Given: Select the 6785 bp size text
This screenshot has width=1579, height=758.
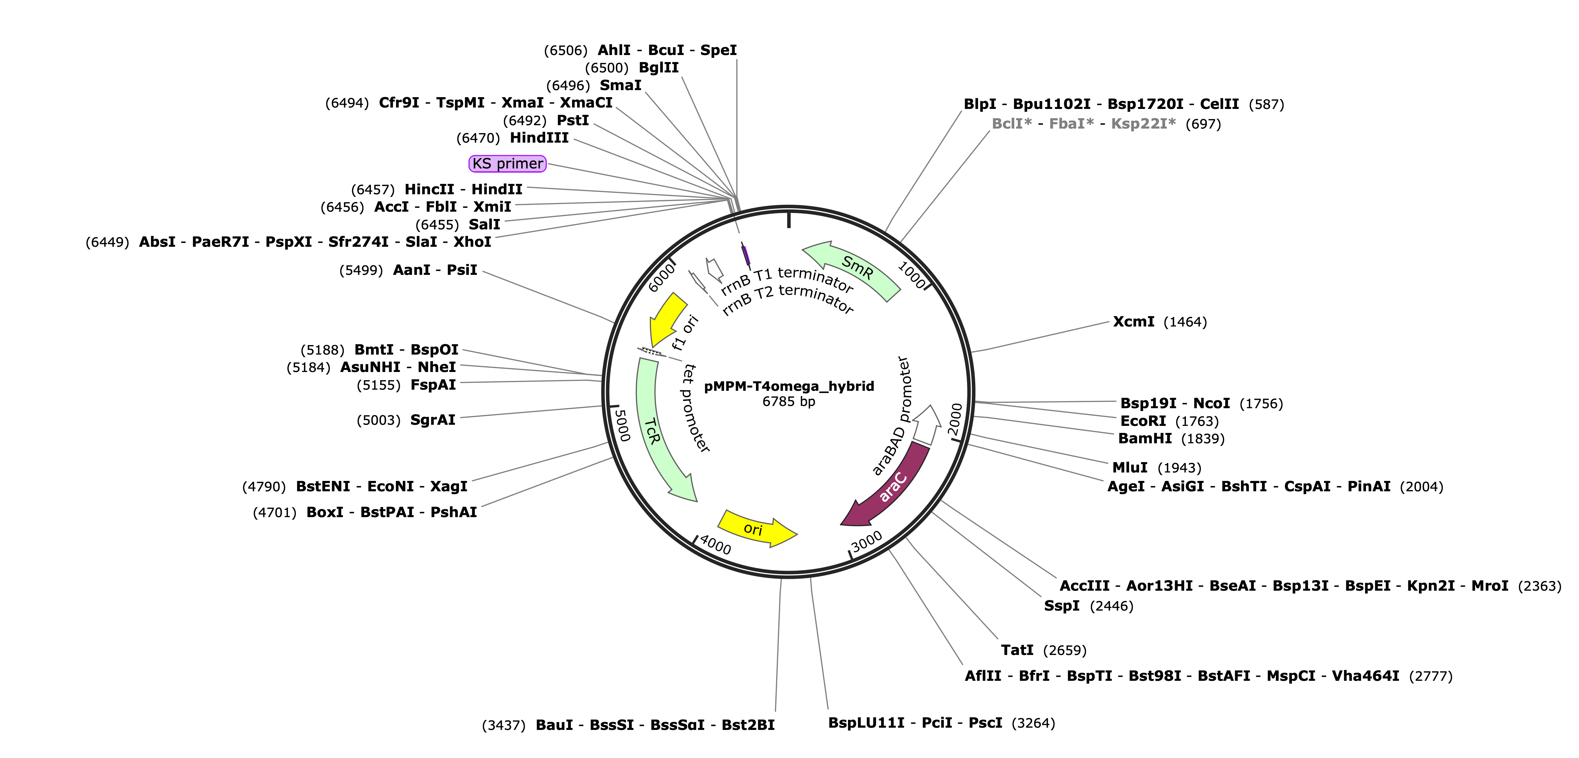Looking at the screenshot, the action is (789, 402).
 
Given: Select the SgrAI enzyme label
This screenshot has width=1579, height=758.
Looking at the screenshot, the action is (433, 420).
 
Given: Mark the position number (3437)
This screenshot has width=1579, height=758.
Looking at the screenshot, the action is (504, 725).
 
